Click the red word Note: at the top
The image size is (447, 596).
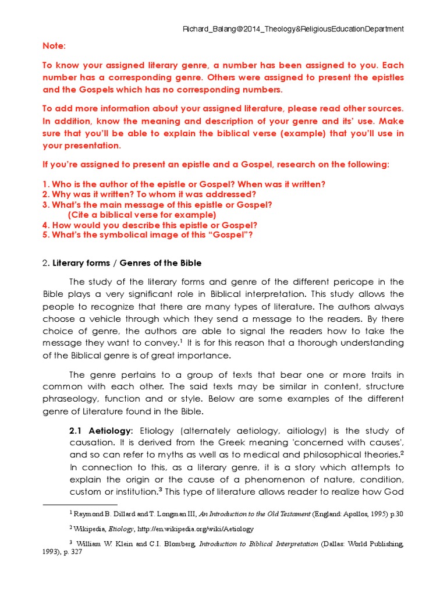click(54, 45)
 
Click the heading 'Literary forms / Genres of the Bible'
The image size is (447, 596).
click(127, 263)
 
